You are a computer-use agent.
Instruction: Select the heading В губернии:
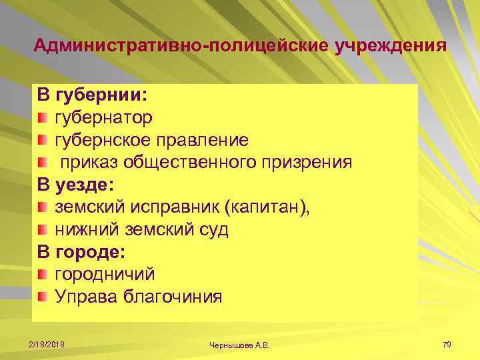[92, 95]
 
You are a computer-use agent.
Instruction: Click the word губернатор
[103, 118]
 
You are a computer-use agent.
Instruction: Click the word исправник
[180, 207]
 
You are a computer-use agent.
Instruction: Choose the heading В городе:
[81, 252]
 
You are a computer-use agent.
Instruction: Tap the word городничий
[105, 274]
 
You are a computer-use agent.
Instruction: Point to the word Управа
[86, 297]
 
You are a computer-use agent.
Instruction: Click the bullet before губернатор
[43, 118]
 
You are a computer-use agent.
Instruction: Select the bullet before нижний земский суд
[43, 230]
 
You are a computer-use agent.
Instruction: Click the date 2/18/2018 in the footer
[46, 344]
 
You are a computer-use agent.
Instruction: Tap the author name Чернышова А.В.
[241, 345]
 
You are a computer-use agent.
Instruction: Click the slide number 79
[447, 344]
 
